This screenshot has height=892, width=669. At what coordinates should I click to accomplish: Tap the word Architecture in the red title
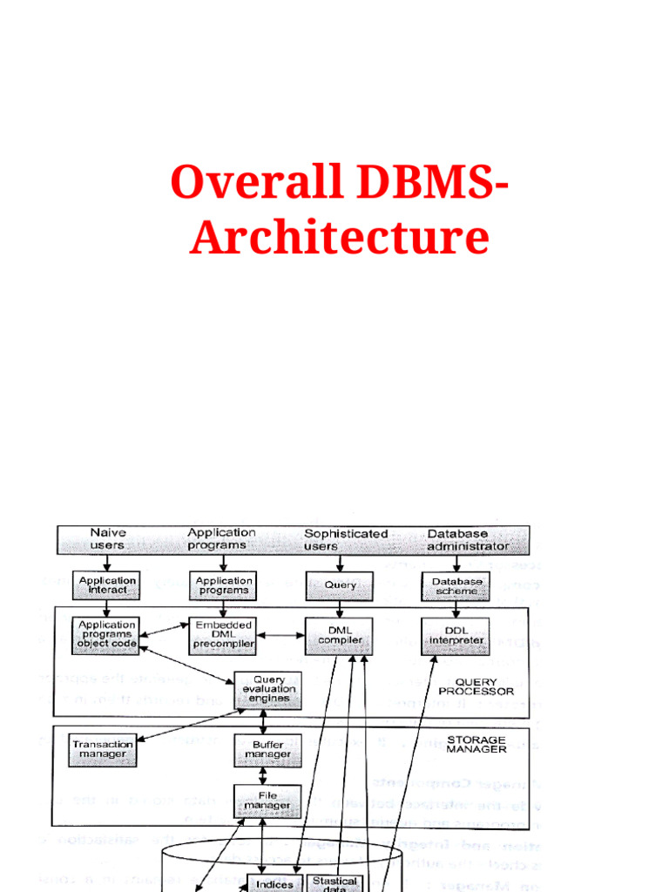(339, 238)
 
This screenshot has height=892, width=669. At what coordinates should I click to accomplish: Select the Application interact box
(106, 585)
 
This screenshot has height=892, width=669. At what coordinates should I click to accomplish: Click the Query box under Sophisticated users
(339, 585)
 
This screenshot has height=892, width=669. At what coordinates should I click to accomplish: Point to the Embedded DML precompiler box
(224, 635)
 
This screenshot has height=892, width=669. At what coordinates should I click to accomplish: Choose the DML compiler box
(339, 635)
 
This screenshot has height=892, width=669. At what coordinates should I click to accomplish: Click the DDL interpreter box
(456, 635)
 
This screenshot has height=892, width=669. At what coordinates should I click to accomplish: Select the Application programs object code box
(106, 635)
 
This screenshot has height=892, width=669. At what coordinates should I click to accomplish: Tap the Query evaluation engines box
(268, 689)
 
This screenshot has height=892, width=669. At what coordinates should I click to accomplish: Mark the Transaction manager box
(103, 749)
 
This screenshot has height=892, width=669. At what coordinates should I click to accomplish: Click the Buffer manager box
(267, 749)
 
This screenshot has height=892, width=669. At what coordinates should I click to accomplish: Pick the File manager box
(267, 801)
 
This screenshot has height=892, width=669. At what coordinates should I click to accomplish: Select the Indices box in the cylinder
(275, 883)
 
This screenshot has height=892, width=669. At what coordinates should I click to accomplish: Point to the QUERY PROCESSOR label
(476, 686)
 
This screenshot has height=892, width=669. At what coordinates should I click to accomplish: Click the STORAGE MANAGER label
(476, 744)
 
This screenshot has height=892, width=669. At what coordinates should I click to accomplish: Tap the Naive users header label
(108, 539)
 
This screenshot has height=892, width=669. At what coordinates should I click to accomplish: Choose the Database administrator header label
(468, 540)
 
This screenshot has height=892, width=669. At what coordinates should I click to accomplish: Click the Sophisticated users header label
(345, 539)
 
